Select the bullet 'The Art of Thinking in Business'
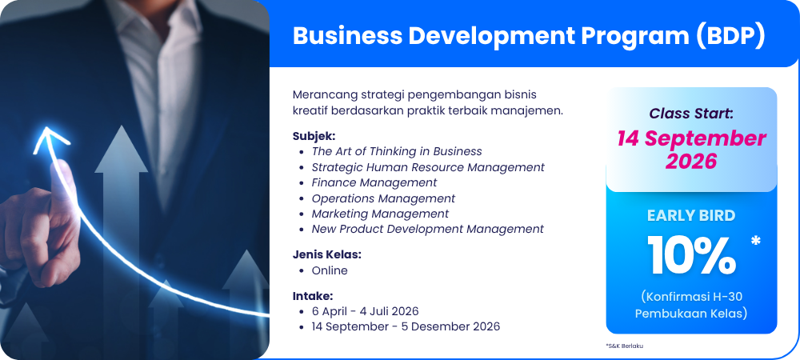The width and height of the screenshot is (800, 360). point(397,151)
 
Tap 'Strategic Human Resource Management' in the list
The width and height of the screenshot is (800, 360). point(428,167)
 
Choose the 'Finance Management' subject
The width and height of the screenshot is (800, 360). point(374,182)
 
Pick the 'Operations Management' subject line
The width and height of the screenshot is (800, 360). point(383,198)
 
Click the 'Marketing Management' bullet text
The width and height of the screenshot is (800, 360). point(380,214)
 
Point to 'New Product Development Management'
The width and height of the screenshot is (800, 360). point(427,229)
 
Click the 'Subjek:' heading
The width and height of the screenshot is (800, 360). point(314,137)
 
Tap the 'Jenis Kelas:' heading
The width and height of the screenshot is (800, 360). point(326,254)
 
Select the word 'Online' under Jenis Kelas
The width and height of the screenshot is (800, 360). point(330,270)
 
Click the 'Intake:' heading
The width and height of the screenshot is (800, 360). point(313,296)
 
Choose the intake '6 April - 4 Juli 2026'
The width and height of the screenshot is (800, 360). point(365,311)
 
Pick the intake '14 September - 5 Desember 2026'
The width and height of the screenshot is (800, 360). point(406,326)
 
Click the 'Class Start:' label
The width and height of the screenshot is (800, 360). point(691,114)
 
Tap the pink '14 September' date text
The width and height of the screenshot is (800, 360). point(691,138)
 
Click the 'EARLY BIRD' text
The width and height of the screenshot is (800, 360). point(691,216)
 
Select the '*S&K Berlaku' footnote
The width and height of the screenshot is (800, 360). point(625,346)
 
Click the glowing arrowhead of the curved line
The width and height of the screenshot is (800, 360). point(49,138)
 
